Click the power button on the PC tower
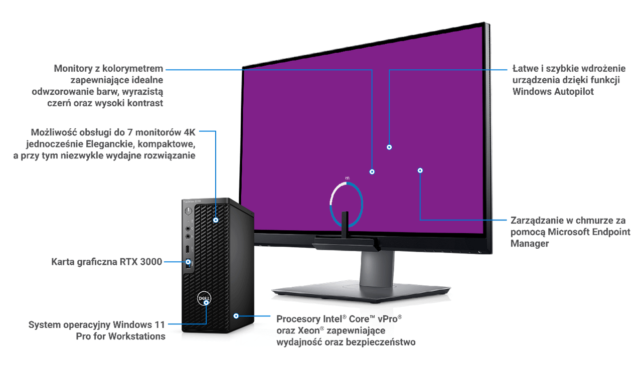pyautogui.click(x=189, y=211)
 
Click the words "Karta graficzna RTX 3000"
pyautogui.click(x=107, y=262)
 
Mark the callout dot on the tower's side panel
pyautogui.click(x=235, y=316)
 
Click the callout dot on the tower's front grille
pyautogui.click(x=216, y=220)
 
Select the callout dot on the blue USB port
pyautogui.click(x=189, y=262)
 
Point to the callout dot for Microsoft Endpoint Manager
pyautogui.click(x=420, y=170)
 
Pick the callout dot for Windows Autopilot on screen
pyautogui.click(x=389, y=147)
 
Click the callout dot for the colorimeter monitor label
pyautogui.click(x=372, y=171)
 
